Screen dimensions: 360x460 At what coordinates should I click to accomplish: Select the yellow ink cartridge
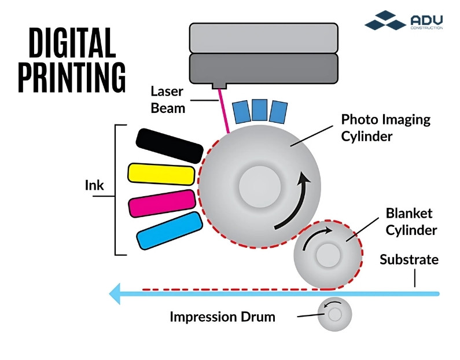click(160, 174)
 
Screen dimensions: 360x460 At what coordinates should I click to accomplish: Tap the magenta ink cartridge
click(161, 202)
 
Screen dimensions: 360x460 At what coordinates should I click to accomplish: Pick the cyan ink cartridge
click(169, 230)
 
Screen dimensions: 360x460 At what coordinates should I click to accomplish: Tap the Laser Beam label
click(168, 99)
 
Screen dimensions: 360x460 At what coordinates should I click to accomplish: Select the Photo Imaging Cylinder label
click(385, 127)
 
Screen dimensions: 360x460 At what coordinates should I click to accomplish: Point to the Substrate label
click(409, 259)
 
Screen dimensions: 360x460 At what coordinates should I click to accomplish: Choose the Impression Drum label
click(222, 317)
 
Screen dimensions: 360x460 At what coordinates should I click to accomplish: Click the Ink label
click(94, 186)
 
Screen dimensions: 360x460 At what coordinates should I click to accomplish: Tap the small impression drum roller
click(334, 314)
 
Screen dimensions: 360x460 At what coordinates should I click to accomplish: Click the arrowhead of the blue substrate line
click(116, 293)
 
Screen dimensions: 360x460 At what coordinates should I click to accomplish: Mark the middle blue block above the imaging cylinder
click(260, 111)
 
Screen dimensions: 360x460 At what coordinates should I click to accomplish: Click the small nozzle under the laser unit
click(219, 86)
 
